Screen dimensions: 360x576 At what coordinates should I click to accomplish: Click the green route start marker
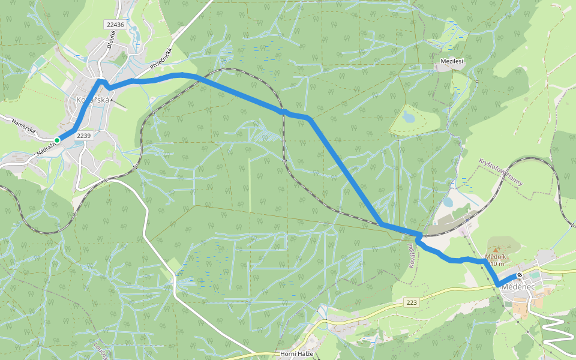click(x=57, y=140)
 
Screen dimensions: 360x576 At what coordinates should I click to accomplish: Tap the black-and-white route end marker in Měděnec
click(x=520, y=275)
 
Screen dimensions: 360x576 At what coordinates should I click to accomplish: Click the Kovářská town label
click(x=92, y=100)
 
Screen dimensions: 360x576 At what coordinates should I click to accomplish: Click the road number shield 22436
click(x=114, y=25)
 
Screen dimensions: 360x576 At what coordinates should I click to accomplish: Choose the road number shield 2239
click(x=83, y=136)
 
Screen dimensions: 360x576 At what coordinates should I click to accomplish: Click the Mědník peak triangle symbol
click(x=496, y=249)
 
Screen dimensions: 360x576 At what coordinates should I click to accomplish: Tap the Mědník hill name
click(x=499, y=257)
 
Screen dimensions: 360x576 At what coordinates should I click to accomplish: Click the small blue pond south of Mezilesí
click(x=409, y=116)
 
